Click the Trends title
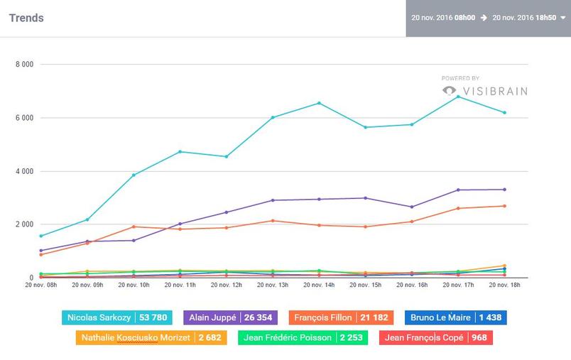[26, 18]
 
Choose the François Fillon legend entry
[341, 318]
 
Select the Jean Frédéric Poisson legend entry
[303, 337]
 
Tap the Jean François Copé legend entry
[435, 337]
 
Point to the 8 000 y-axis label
[24, 65]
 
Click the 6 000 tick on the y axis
[24, 118]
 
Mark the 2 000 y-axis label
[24, 224]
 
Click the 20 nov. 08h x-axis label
[41, 285]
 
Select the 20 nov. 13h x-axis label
[273, 285]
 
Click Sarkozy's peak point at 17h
[458, 97]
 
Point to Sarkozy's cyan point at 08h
[41, 236]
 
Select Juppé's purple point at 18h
[504, 190]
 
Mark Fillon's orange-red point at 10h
[134, 227]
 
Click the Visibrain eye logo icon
[449, 90]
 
